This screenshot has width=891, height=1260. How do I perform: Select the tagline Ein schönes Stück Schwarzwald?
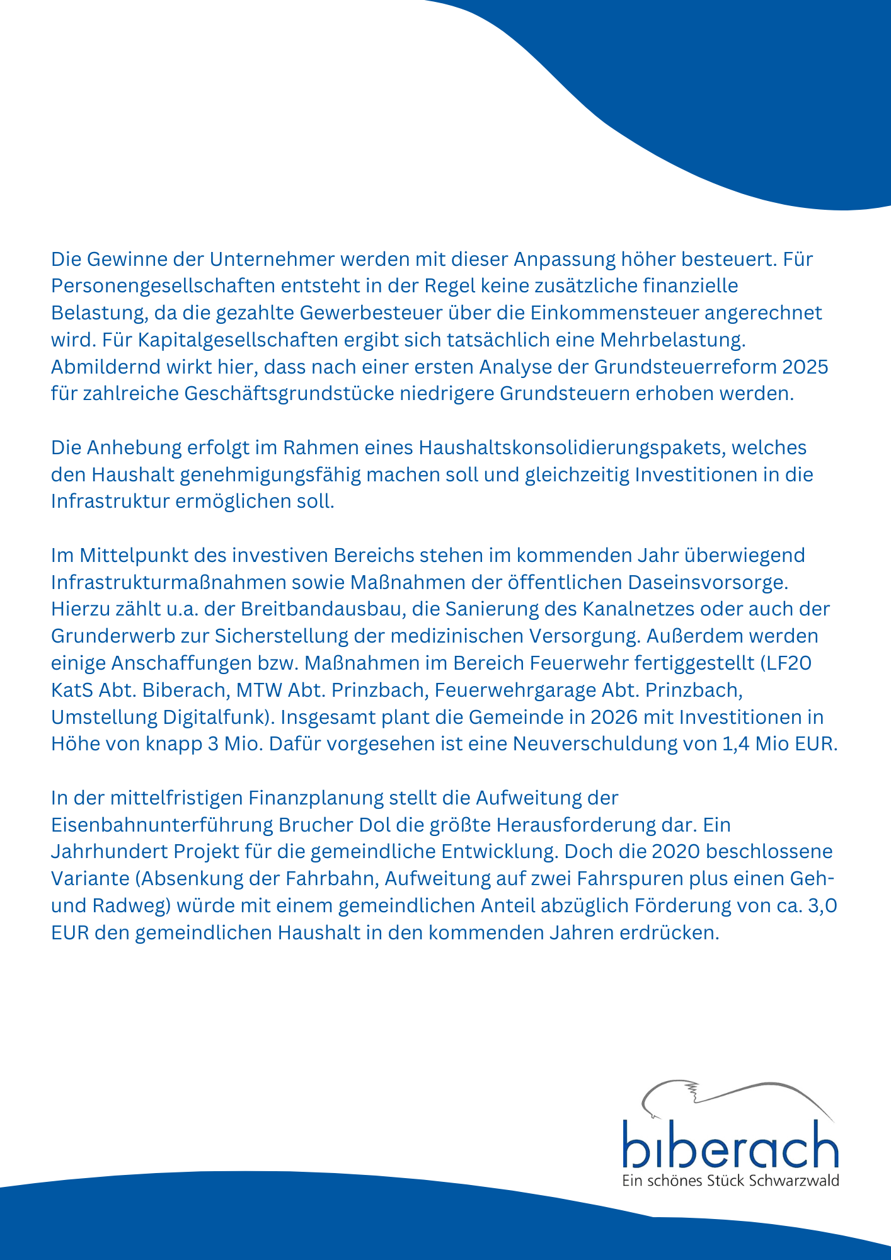pyautogui.click(x=730, y=1181)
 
